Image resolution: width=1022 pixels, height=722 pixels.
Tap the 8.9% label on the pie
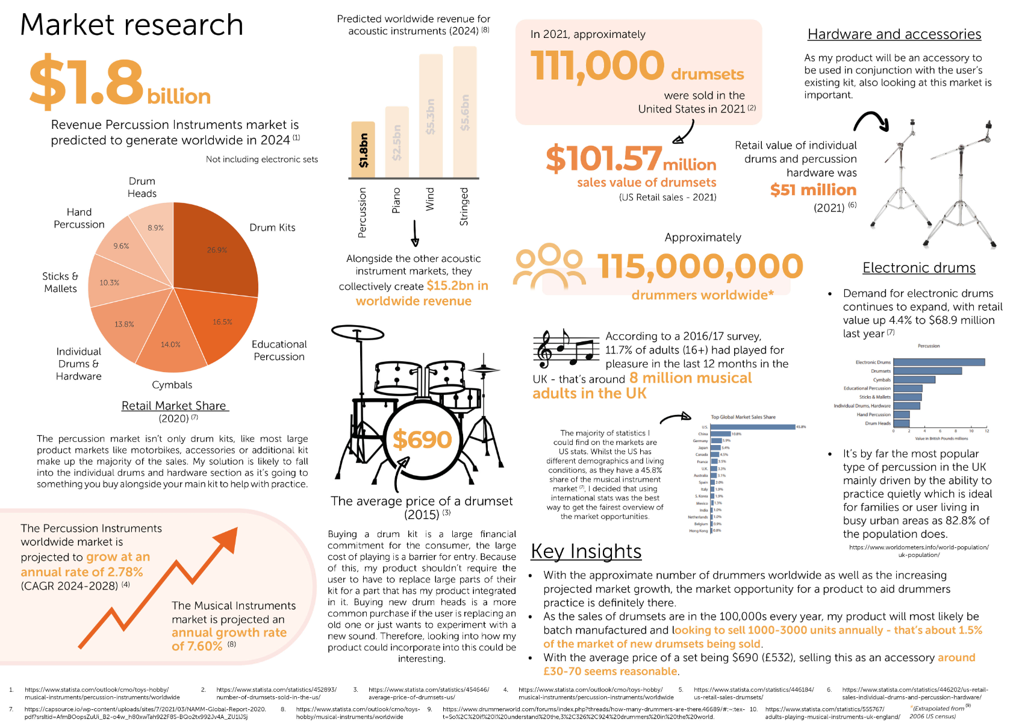155,228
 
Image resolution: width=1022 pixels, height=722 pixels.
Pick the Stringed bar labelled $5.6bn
465,111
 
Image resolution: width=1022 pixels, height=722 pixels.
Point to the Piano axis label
396,201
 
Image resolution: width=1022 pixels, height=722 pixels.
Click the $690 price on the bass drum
422,440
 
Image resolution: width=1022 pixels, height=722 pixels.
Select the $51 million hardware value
813,190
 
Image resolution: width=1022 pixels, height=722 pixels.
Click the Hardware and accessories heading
894,34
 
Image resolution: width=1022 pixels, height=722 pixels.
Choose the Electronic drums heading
918,268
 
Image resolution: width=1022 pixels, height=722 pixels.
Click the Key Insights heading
586,551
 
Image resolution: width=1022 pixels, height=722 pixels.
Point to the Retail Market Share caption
174,406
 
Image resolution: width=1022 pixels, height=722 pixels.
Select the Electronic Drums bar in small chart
939,362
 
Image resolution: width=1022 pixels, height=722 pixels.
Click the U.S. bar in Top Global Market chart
753,427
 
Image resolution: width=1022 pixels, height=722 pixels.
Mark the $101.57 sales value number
603,159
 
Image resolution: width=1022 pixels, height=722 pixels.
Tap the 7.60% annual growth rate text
197,646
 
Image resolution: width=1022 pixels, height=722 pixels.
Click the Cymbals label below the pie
172,385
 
